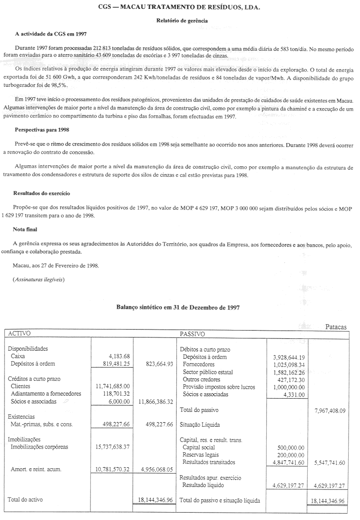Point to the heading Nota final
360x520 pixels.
point(25,229)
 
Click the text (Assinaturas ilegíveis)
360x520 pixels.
point(39,279)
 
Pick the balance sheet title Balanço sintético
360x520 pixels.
point(178,307)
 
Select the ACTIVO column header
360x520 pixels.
point(19,334)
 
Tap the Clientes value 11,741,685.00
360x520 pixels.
point(112,386)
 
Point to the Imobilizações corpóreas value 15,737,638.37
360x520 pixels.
point(112,446)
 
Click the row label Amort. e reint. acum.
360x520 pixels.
point(36,469)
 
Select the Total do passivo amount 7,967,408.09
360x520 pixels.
point(329,409)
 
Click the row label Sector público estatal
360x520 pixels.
point(207,371)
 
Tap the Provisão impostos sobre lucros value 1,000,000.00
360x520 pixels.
point(288,387)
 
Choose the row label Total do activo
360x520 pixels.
point(25,500)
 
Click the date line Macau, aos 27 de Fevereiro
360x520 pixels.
point(55,265)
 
